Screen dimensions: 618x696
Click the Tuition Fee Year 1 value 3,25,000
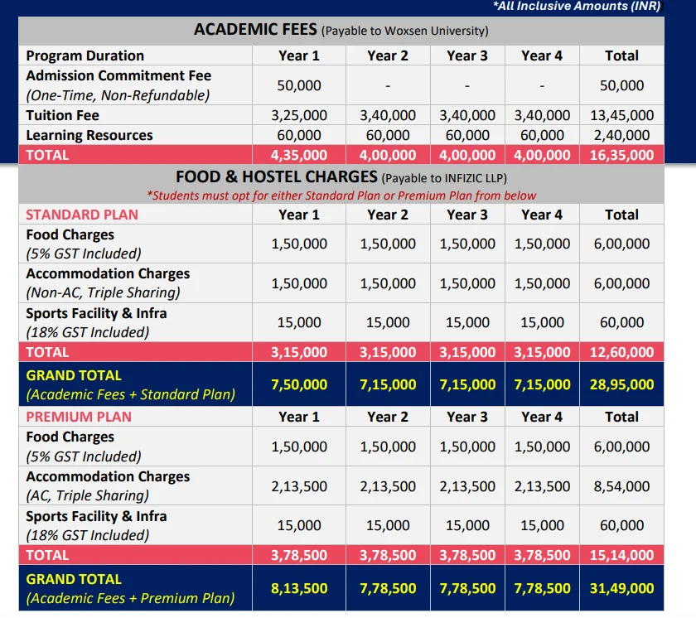point(299,116)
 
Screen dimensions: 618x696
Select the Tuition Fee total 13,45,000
point(621,116)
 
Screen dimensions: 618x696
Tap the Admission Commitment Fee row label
point(118,75)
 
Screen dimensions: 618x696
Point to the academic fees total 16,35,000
point(621,155)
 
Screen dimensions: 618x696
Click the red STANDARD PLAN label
point(82,215)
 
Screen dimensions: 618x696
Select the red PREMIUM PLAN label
point(79,418)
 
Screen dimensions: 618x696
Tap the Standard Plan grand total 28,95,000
point(621,385)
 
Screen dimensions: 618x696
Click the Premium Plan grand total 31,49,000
point(621,589)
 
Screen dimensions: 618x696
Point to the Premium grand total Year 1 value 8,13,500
point(299,589)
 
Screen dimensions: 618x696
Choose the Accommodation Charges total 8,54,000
point(621,487)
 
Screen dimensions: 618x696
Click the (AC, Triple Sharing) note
point(88,495)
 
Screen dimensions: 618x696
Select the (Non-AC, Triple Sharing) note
point(103,292)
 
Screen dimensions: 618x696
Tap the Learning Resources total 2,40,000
point(621,136)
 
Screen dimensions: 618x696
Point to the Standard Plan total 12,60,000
point(621,353)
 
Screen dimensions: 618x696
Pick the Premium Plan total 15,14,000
point(621,556)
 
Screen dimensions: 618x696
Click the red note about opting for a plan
point(341,196)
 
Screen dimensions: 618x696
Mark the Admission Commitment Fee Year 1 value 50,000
point(299,85)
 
